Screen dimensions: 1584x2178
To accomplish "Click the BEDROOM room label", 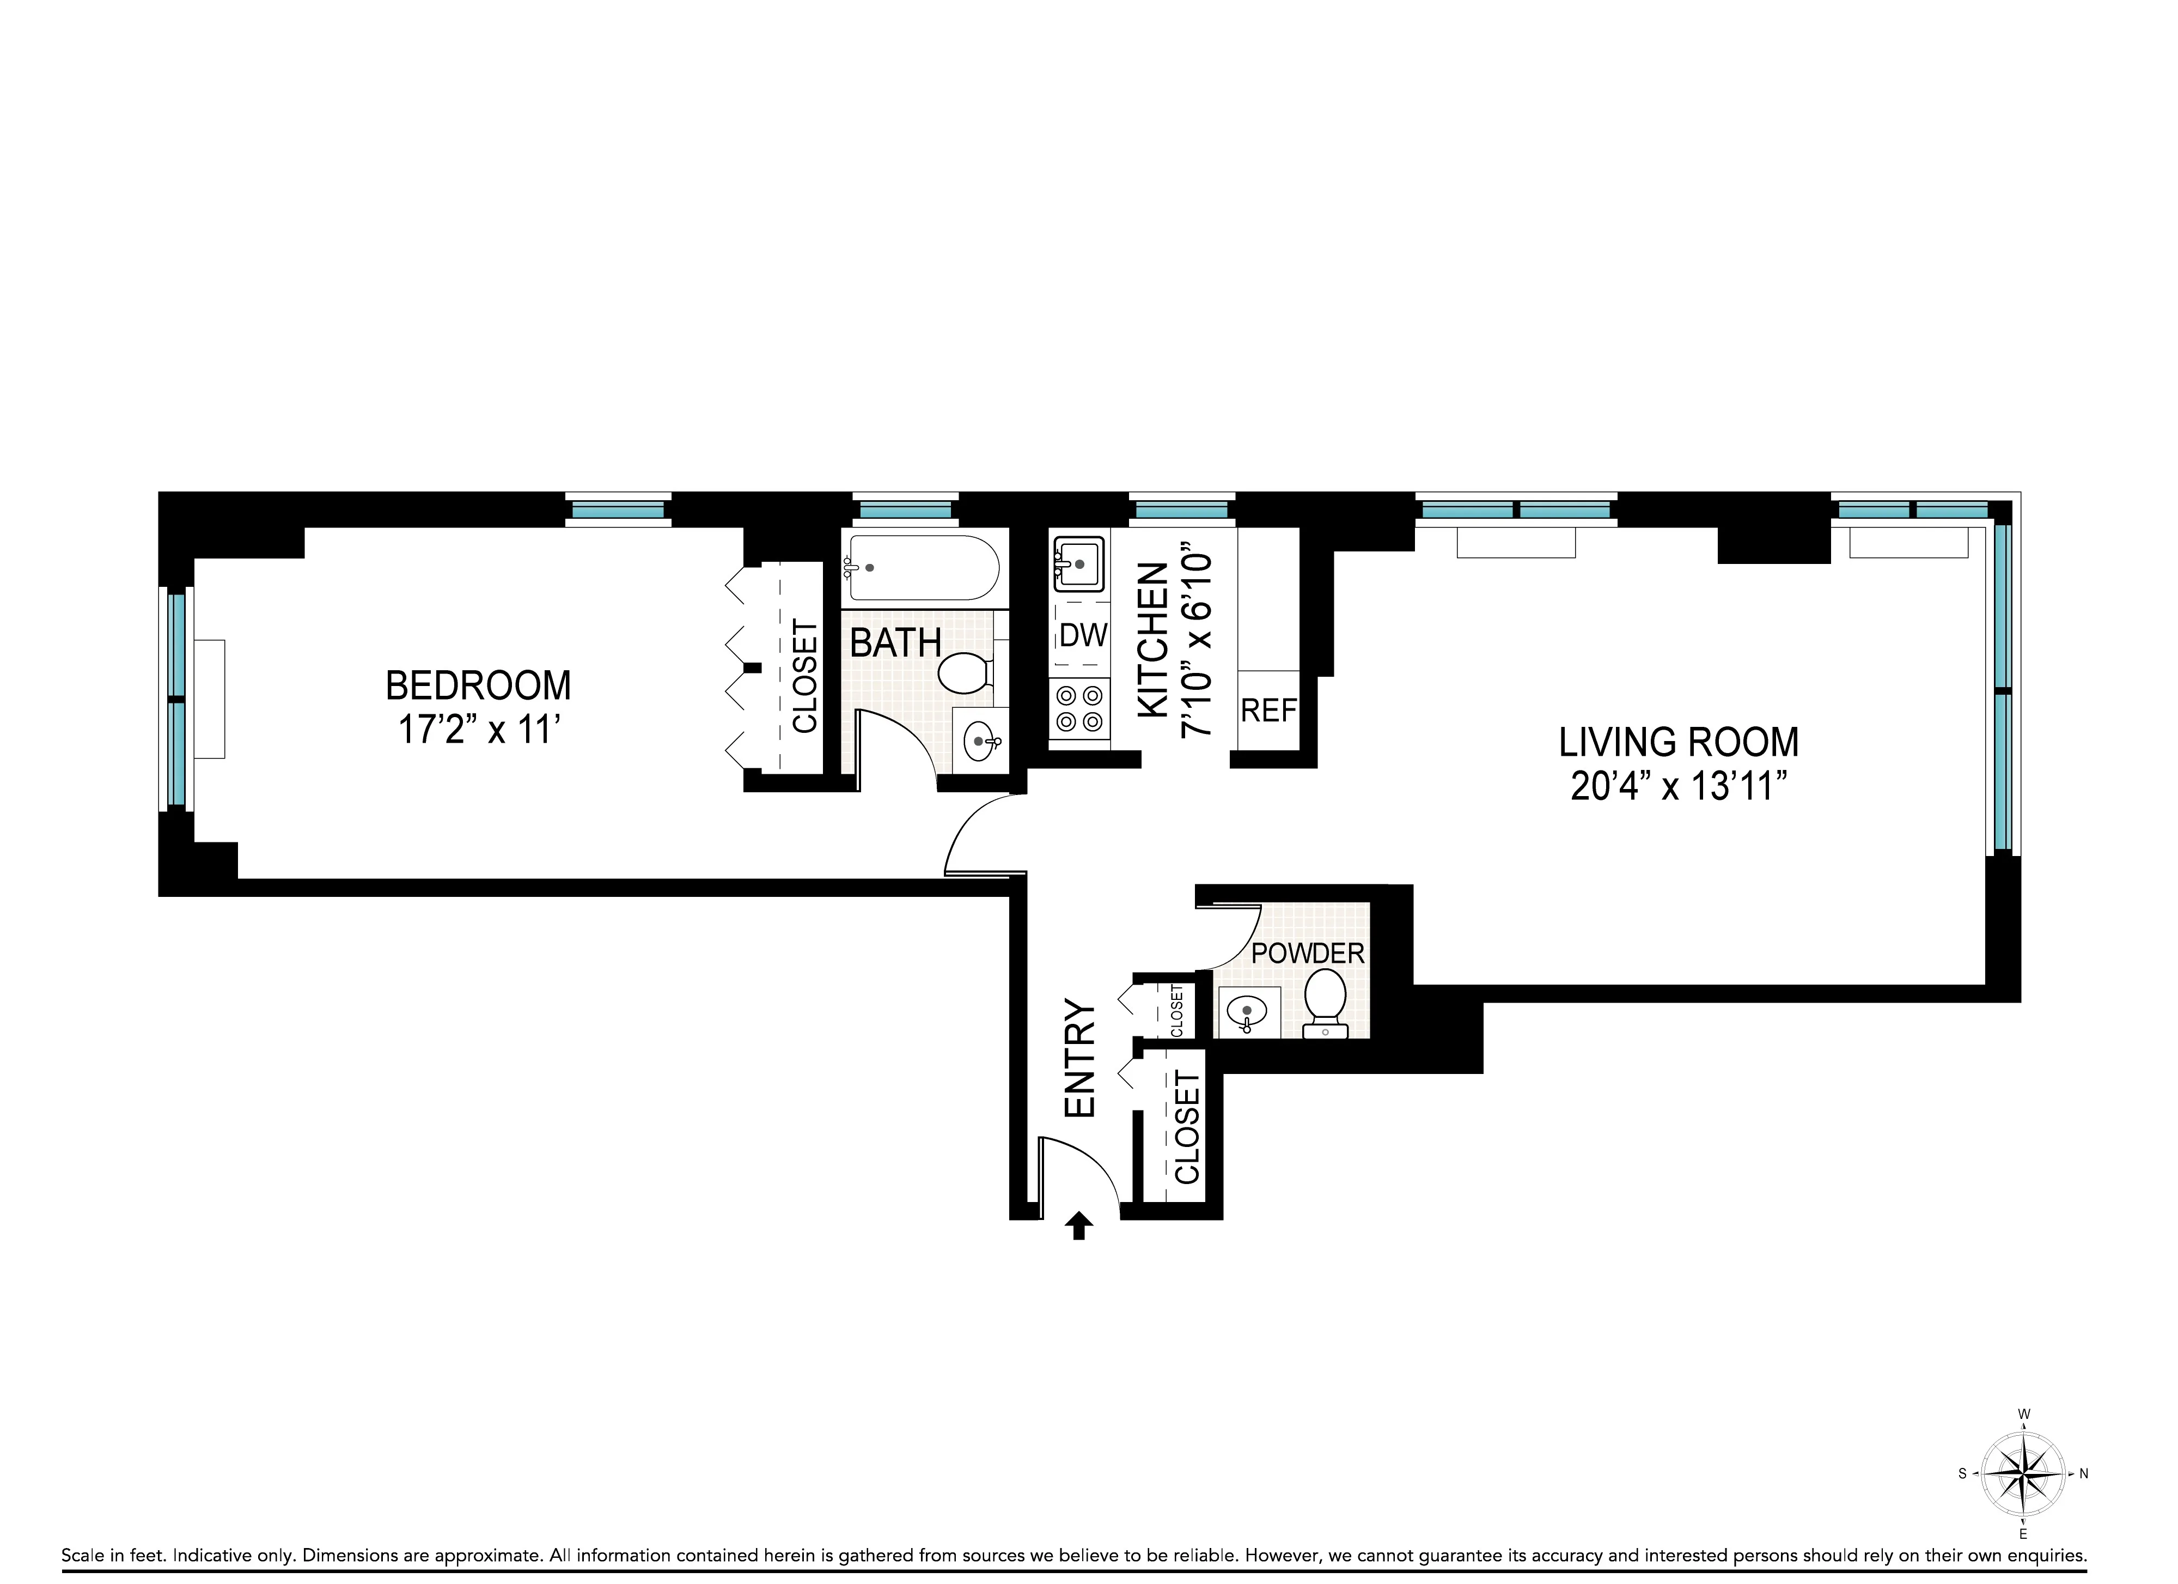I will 478,686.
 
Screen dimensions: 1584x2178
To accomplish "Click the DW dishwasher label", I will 1083,635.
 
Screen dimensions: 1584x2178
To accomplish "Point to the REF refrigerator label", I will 1268,711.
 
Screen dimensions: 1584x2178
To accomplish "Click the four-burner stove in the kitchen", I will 1079,708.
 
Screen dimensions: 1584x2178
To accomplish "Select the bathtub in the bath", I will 922,568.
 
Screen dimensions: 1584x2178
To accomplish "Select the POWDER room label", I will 1308,954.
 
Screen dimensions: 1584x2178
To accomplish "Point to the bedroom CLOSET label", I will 804,676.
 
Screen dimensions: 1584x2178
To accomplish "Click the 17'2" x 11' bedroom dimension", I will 478,730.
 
